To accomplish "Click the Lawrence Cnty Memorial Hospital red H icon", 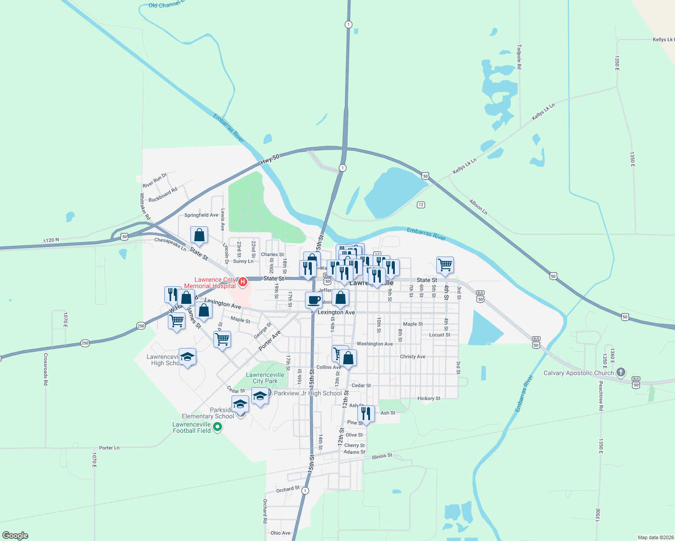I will (x=243, y=282).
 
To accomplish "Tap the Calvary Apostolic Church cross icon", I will (x=621, y=372).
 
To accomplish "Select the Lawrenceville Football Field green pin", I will (x=217, y=426).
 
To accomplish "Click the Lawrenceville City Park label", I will (x=265, y=378).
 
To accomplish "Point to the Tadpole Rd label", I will (x=519, y=57).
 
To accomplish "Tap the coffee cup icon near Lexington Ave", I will (x=314, y=300).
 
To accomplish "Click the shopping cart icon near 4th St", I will (x=445, y=265).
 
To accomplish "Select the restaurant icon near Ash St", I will (x=366, y=413).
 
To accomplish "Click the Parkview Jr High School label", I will (x=308, y=393).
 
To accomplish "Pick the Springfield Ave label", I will (x=201, y=215).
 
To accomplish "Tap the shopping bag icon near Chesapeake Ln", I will (x=199, y=235).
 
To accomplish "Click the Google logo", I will (x=15, y=536).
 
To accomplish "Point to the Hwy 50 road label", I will (x=270, y=159).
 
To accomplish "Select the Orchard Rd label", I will (x=265, y=511).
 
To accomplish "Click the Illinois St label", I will (x=382, y=456).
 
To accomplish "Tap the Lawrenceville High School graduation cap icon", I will (x=187, y=357).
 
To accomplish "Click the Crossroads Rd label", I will (x=46, y=369).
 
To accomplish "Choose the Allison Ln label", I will (x=478, y=207).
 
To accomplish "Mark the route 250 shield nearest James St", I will (x=141, y=326).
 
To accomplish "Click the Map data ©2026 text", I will (x=655, y=537).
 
